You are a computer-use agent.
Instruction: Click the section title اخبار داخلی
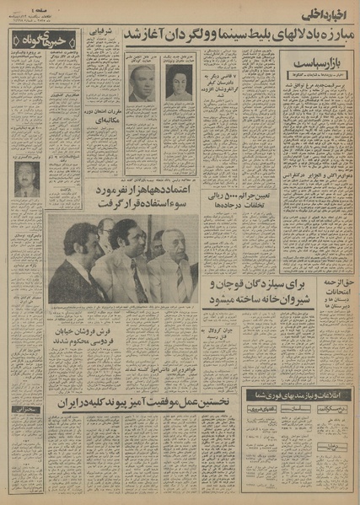click(325, 12)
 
